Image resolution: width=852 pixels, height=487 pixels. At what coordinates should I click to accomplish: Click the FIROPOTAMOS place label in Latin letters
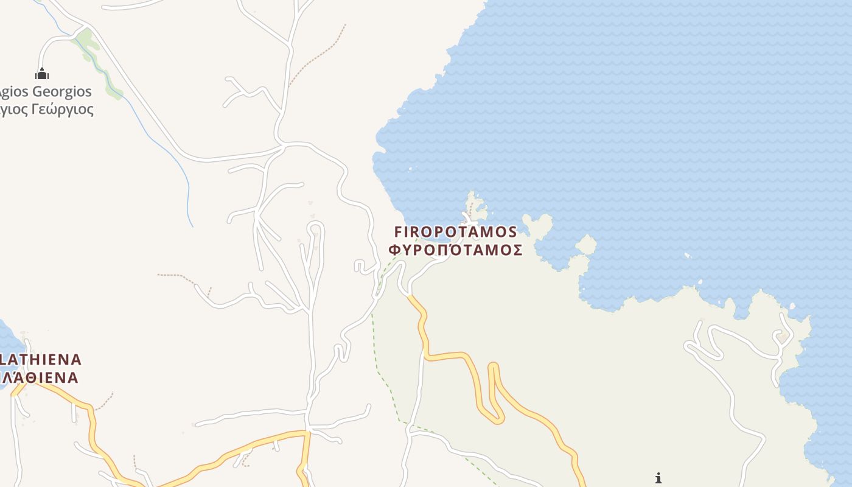pos(456,232)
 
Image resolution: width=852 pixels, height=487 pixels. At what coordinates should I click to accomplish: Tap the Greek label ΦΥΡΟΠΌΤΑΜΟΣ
pos(456,250)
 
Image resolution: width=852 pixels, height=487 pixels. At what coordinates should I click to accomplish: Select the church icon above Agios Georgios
pos(42,74)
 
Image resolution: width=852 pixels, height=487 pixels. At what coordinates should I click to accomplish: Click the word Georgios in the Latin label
pos(61,92)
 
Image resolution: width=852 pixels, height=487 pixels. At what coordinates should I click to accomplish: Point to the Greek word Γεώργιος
pos(63,110)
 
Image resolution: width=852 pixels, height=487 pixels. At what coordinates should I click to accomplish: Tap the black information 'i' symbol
pos(658,478)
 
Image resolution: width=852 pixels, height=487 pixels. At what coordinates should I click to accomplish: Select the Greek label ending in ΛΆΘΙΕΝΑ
pos(40,377)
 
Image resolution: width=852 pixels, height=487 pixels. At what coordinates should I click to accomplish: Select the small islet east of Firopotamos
pos(586,245)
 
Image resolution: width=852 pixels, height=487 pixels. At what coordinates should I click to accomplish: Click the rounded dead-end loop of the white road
pos(315,228)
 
